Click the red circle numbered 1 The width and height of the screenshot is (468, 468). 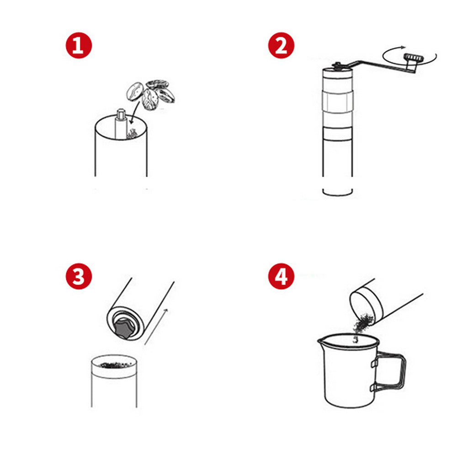(x=79, y=46)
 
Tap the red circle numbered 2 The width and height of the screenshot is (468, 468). (x=281, y=46)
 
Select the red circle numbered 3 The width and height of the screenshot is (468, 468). (x=79, y=277)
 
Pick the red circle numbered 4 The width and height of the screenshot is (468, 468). (x=281, y=277)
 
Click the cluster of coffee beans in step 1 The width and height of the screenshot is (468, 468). (x=150, y=95)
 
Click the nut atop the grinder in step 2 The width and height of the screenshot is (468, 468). (x=337, y=65)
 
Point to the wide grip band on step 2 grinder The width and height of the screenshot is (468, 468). (x=338, y=102)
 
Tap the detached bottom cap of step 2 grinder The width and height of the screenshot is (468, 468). (x=338, y=192)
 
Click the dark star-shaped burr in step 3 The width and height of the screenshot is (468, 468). (x=123, y=328)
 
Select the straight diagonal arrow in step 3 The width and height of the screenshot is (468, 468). (x=156, y=327)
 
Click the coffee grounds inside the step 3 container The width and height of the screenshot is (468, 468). (x=116, y=365)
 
